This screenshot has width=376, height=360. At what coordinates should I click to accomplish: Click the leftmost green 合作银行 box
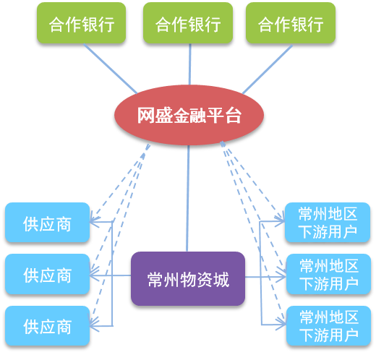(81, 23)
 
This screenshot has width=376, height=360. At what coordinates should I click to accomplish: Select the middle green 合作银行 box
(188, 23)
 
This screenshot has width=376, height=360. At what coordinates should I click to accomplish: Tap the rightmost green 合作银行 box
(291, 23)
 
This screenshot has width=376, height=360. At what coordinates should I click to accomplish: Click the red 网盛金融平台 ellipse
(189, 115)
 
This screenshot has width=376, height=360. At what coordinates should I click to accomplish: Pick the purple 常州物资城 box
(188, 278)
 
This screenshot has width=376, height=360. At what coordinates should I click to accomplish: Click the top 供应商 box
(48, 223)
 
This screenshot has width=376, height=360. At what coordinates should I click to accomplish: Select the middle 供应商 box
(48, 274)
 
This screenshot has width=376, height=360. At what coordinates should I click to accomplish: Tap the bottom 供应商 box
(48, 326)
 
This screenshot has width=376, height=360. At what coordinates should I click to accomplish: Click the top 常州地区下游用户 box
(328, 223)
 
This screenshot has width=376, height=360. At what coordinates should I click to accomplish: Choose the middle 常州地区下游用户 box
(328, 274)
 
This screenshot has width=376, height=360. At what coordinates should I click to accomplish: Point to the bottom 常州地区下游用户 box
(328, 326)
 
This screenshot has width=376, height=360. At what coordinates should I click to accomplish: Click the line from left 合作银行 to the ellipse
(111, 69)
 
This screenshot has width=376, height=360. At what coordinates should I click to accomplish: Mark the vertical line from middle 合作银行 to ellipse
(190, 64)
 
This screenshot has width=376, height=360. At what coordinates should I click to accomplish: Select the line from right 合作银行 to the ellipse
(268, 69)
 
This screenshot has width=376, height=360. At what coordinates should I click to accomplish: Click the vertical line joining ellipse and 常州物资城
(187, 198)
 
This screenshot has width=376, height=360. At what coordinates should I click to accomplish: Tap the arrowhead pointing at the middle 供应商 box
(93, 275)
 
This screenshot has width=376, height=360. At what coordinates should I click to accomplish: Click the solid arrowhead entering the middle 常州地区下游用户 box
(281, 277)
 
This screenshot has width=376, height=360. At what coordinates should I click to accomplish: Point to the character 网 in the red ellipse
(146, 115)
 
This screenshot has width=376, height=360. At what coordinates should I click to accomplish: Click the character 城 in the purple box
(221, 280)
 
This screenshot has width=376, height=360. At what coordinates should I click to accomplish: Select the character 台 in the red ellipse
(233, 115)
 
